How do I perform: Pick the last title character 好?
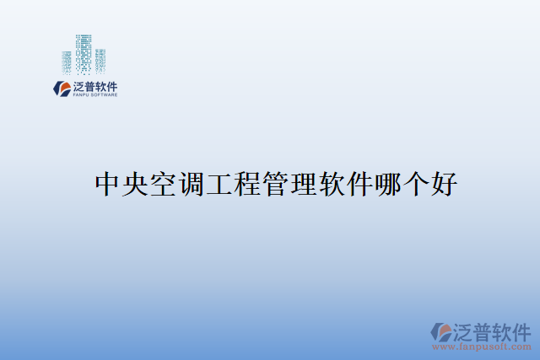(443, 183)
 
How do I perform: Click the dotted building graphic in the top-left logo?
(84, 55)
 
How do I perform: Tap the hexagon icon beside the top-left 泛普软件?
(61, 88)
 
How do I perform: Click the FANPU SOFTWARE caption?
(93, 94)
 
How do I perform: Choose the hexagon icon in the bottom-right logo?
(441, 332)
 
